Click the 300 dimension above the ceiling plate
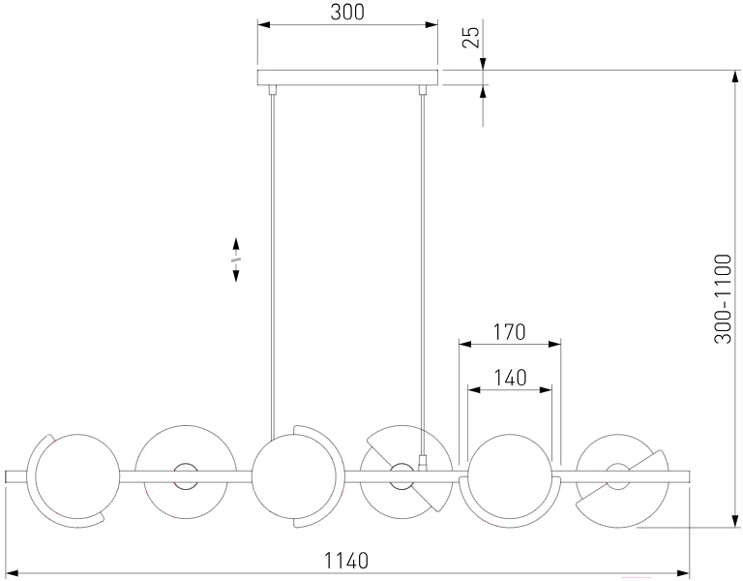tap(347, 13)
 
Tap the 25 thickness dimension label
tap(471, 37)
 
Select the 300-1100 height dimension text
tap(723, 299)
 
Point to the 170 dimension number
tap(510, 332)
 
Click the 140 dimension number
tap(511, 378)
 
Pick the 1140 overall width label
tap(346, 561)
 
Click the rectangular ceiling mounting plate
tap(347, 77)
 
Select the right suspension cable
tap(422, 270)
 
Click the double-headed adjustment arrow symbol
tap(235, 260)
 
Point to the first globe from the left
tap(77, 475)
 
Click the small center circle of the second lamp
tap(186, 476)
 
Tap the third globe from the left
tap(293, 476)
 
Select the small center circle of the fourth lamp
tap(401, 476)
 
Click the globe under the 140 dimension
tap(510, 475)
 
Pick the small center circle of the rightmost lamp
tap(618, 476)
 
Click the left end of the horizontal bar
tap(6, 476)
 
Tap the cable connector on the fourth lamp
tap(422, 462)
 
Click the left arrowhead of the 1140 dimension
tap(11, 573)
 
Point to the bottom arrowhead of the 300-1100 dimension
tap(735, 521)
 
